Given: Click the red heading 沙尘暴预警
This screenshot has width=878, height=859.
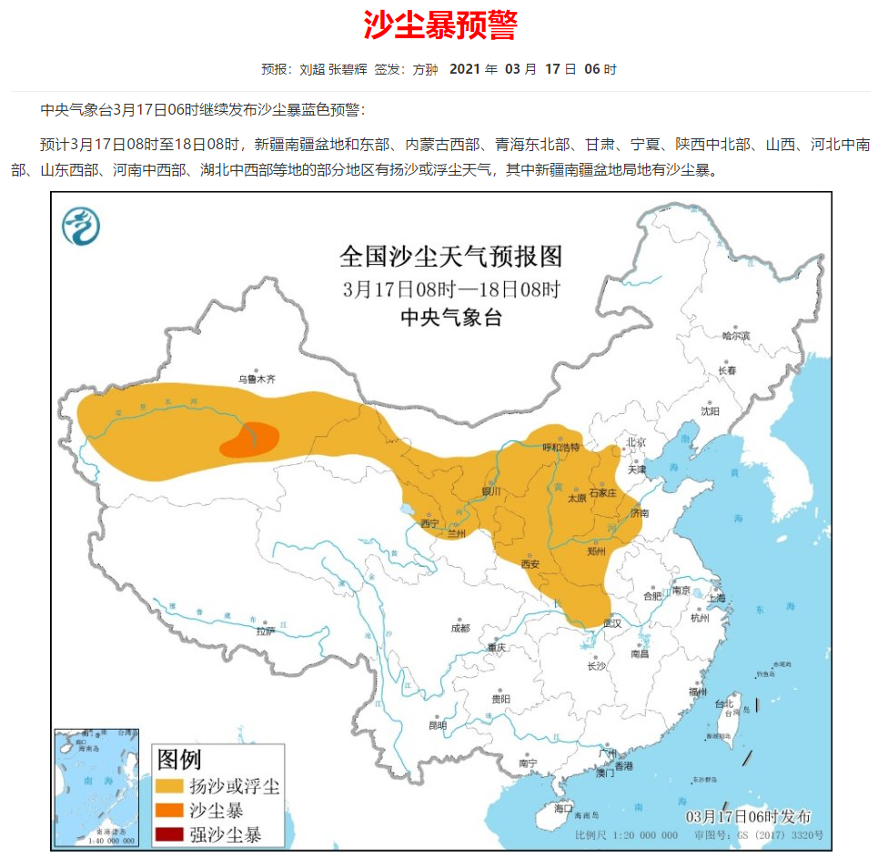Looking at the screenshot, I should point(440,25).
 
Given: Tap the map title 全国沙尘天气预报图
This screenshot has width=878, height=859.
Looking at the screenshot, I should point(451,257).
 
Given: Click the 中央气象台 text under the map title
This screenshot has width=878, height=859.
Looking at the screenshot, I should point(451,318).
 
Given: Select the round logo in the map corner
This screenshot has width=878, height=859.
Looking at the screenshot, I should point(81,226).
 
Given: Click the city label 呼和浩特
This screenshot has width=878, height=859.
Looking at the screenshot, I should point(560,447).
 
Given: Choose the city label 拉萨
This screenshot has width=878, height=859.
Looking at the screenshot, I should point(265,631).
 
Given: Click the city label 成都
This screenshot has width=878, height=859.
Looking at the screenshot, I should point(460,627).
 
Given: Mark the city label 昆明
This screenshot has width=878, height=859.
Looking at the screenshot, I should point(438,725).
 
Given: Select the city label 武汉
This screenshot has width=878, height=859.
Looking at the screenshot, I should point(611,622).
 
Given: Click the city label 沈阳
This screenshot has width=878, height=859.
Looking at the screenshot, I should point(710,411).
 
